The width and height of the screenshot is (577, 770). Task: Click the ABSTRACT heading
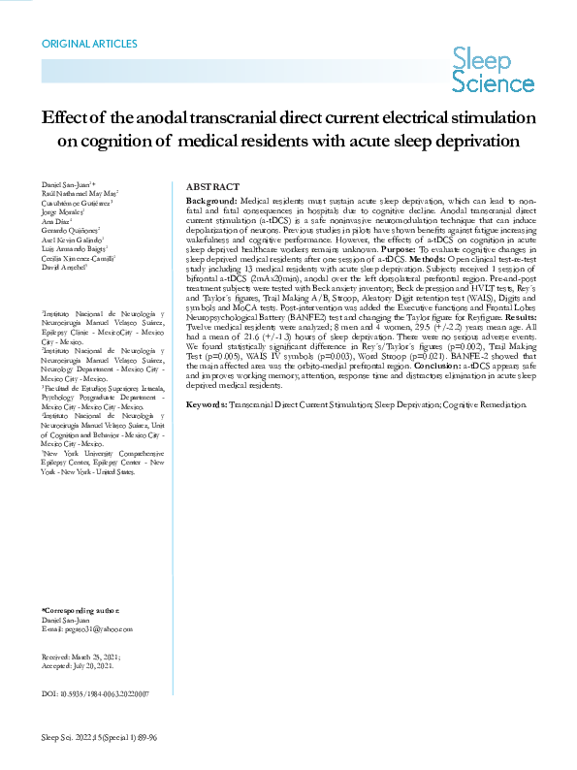(x=212, y=186)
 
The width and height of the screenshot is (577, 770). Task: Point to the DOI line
(x=96, y=693)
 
